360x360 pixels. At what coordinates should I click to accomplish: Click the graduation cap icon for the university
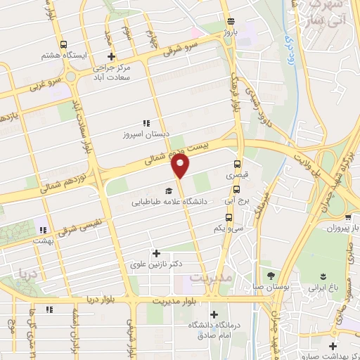(167, 191)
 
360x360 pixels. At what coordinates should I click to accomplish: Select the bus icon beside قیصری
(237, 167)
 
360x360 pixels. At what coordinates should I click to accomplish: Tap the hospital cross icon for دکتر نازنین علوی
(156, 253)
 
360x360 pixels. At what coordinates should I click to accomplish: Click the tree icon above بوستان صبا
(269, 276)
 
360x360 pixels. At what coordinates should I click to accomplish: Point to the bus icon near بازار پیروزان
(349, 217)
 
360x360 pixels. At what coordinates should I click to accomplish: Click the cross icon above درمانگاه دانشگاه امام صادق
(214, 314)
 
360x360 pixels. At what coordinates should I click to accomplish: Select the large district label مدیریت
(210, 278)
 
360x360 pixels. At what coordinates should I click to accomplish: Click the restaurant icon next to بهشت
(43, 229)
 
